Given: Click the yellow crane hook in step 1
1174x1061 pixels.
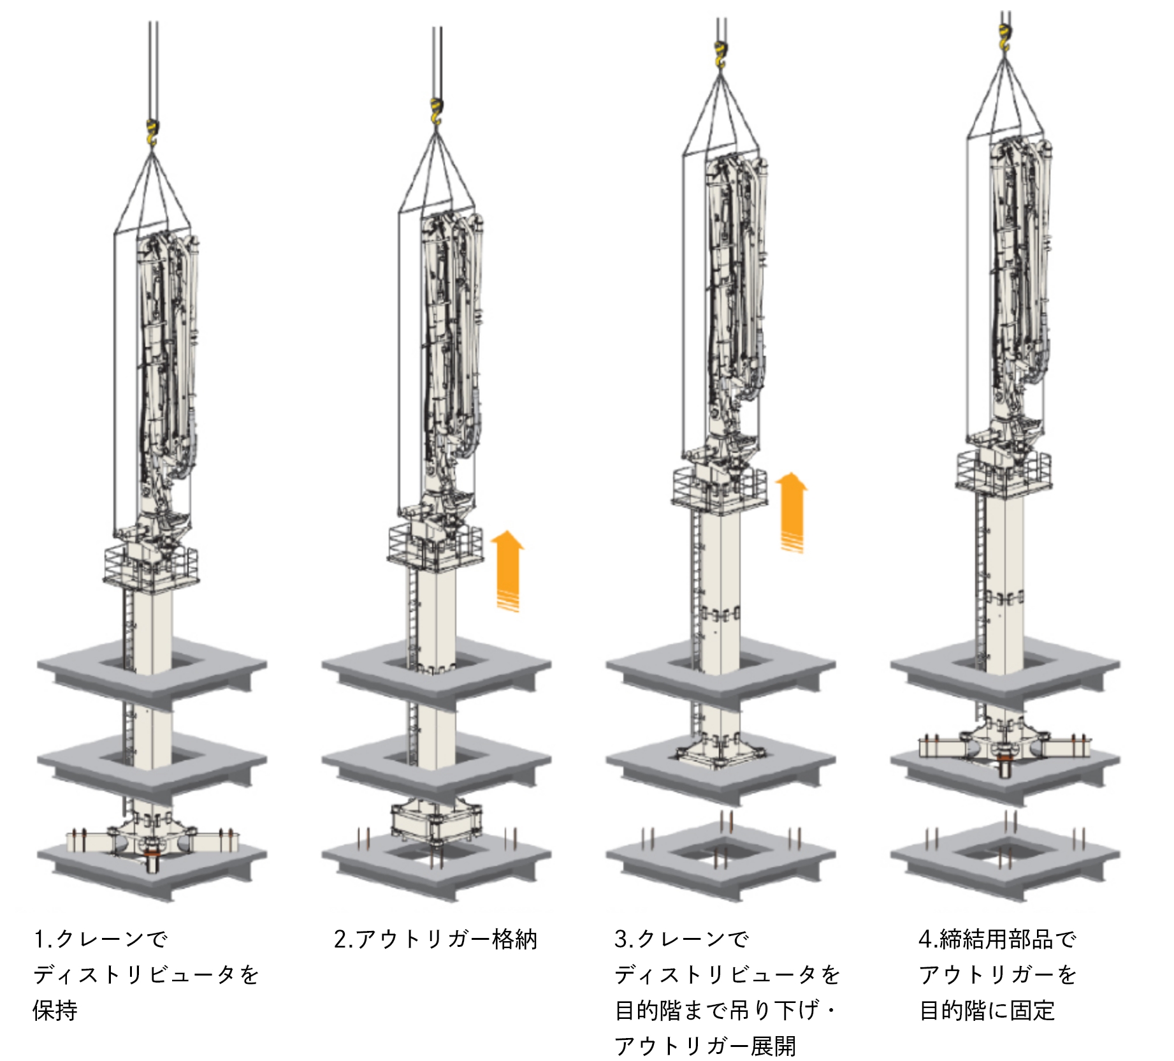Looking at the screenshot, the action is coord(152,133).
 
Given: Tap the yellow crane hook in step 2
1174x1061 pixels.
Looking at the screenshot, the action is coord(437,112).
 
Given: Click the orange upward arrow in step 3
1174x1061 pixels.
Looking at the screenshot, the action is coord(792,512).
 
